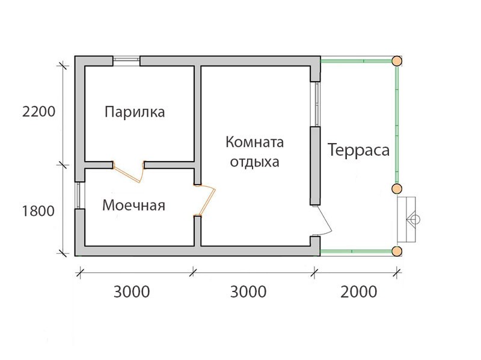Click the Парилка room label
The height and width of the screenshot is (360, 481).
pos(135,112)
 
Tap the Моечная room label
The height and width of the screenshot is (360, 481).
pos(133,205)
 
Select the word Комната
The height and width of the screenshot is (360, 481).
pos(254,142)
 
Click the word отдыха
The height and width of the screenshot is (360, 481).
pos(254,162)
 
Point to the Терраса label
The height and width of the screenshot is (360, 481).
pos(358,150)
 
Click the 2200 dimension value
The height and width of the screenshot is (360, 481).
pos(38,112)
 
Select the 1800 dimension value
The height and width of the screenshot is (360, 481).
pos(38,211)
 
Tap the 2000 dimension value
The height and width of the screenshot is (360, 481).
pos(358,291)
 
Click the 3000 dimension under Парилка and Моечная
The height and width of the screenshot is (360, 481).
pos(132,291)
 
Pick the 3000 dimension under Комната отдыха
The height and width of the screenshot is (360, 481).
pos(248,291)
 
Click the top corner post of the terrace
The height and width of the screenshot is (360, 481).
pos(397,61)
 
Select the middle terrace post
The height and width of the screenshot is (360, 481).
pos(397,188)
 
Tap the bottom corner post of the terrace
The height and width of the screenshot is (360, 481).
pos(397,251)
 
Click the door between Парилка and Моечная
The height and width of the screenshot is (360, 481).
pos(129,172)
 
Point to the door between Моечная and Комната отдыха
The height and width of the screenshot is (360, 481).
pos(204,200)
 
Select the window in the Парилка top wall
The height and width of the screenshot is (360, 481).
pos(126,61)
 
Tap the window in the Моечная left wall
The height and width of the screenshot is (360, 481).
pos(79,195)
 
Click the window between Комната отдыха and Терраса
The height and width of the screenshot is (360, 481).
pos(316,104)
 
